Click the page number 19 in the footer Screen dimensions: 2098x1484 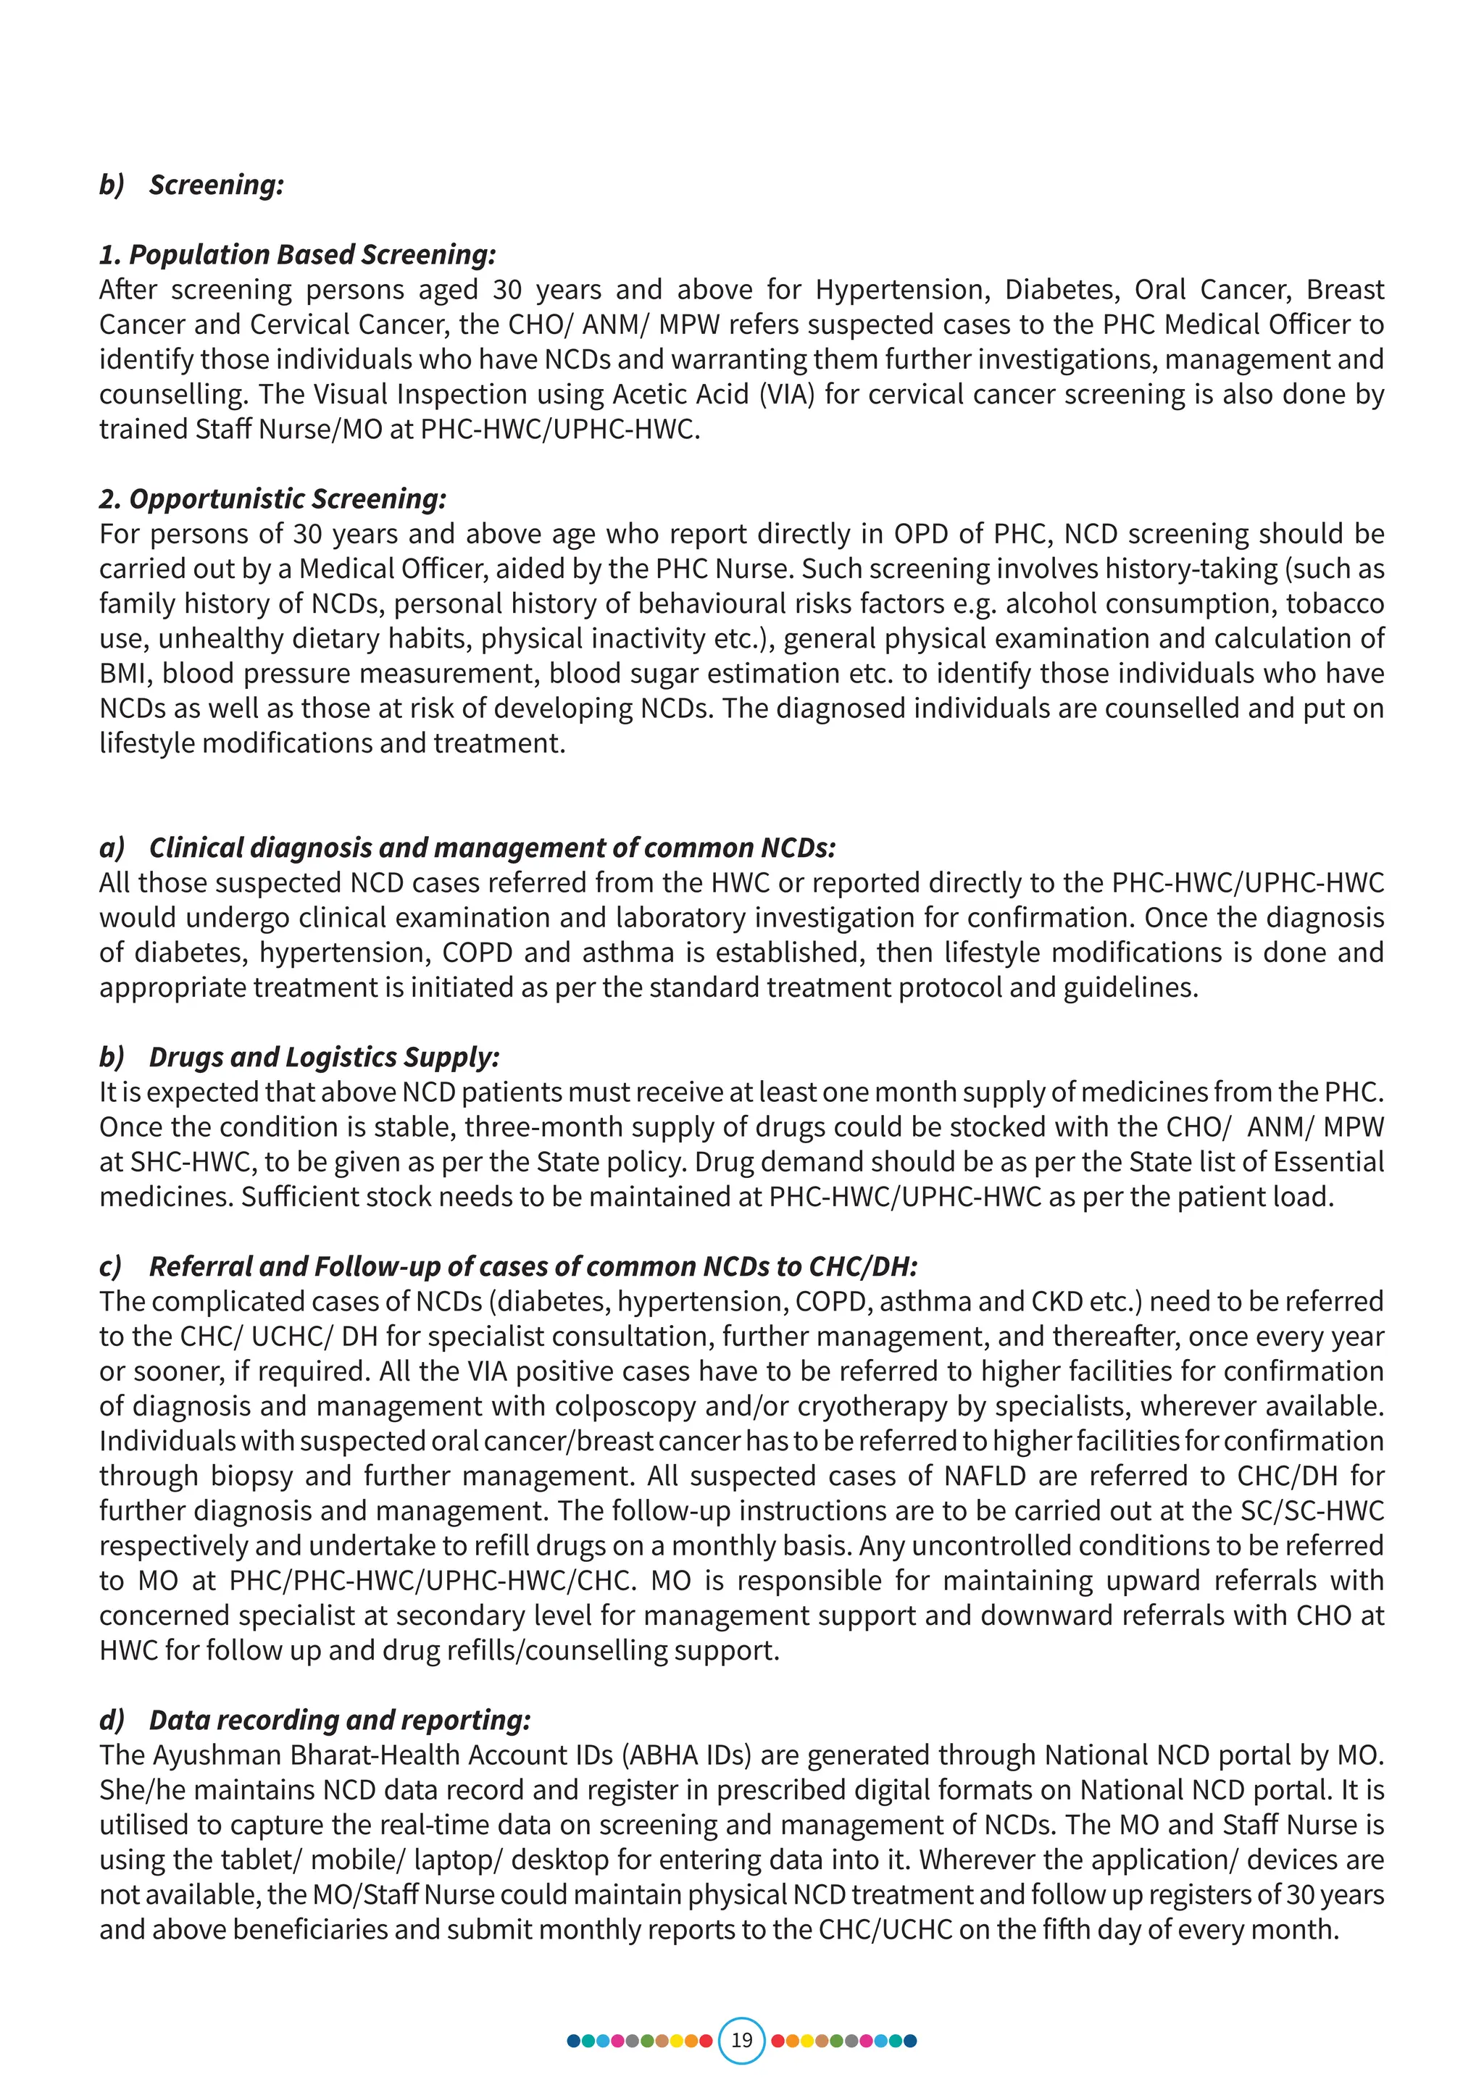pos(741,2039)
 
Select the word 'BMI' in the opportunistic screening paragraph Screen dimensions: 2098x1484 pos(123,674)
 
